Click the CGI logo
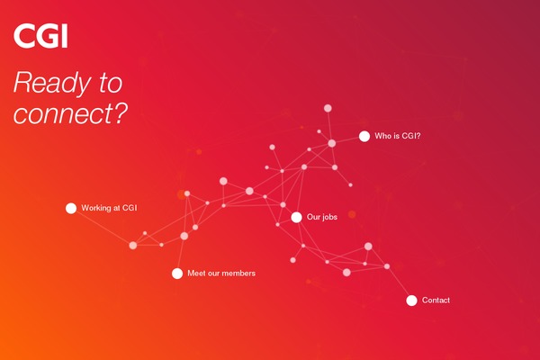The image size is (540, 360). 40,35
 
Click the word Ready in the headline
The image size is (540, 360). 52,84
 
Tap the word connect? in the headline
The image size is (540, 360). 70,113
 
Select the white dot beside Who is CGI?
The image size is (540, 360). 364,136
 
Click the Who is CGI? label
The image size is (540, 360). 398,136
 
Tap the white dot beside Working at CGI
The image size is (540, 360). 71,208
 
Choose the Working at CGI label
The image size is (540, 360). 109,208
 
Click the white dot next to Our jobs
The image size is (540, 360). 296,217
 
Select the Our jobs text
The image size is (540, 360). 322,217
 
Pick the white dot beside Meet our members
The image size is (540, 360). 177,274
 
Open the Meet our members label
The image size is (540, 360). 221,274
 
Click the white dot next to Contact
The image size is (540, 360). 411,301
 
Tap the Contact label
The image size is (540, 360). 436,300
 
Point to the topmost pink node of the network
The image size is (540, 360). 328,108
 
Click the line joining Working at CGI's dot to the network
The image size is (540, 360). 102,227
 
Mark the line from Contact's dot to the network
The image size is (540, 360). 399,283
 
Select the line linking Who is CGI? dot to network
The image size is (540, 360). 347,139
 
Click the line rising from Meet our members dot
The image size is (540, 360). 181,255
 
